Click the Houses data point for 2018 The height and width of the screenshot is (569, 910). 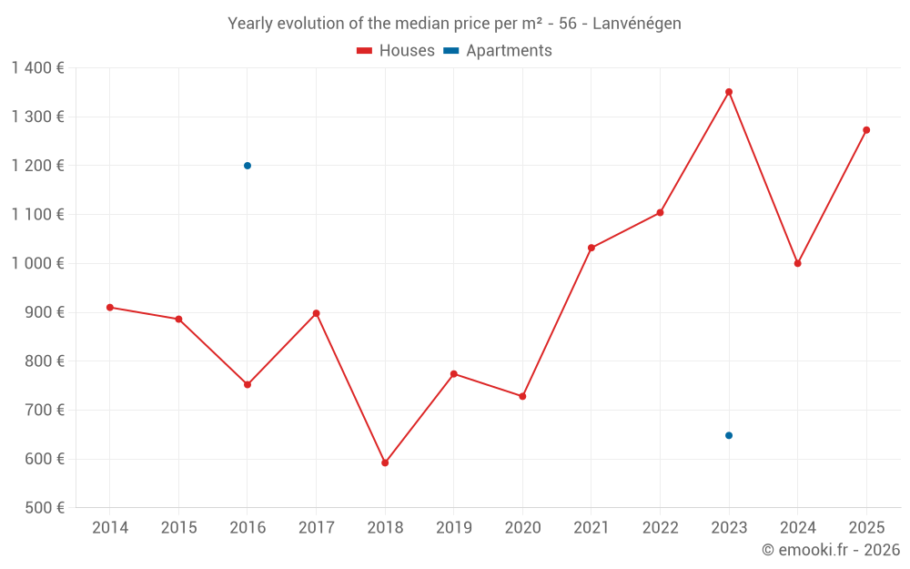point(385,462)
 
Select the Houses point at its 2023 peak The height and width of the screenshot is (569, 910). point(729,92)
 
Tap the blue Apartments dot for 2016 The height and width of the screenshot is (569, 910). point(248,166)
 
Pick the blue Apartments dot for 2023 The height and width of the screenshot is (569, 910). point(729,435)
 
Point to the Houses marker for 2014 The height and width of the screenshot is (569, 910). point(110,307)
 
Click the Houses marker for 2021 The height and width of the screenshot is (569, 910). point(591,248)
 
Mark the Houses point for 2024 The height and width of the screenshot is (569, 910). point(798,263)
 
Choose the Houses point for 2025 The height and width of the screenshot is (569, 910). point(866,130)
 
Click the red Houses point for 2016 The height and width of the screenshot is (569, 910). point(248,384)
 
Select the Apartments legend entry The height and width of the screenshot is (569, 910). point(498,51)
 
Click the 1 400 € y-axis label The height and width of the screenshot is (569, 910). point(37,67)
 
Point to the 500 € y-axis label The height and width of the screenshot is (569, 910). point(43,507)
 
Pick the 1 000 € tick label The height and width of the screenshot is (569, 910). point(37,263)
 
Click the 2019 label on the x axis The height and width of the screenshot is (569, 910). point(454,527)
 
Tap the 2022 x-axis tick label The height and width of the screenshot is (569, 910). point(661,527)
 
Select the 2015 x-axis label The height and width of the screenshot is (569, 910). point(178,527)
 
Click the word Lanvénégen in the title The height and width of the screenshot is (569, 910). point(636,24)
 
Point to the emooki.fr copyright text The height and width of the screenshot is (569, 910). point(831,550)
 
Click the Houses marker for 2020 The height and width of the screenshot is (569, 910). point(522,396)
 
